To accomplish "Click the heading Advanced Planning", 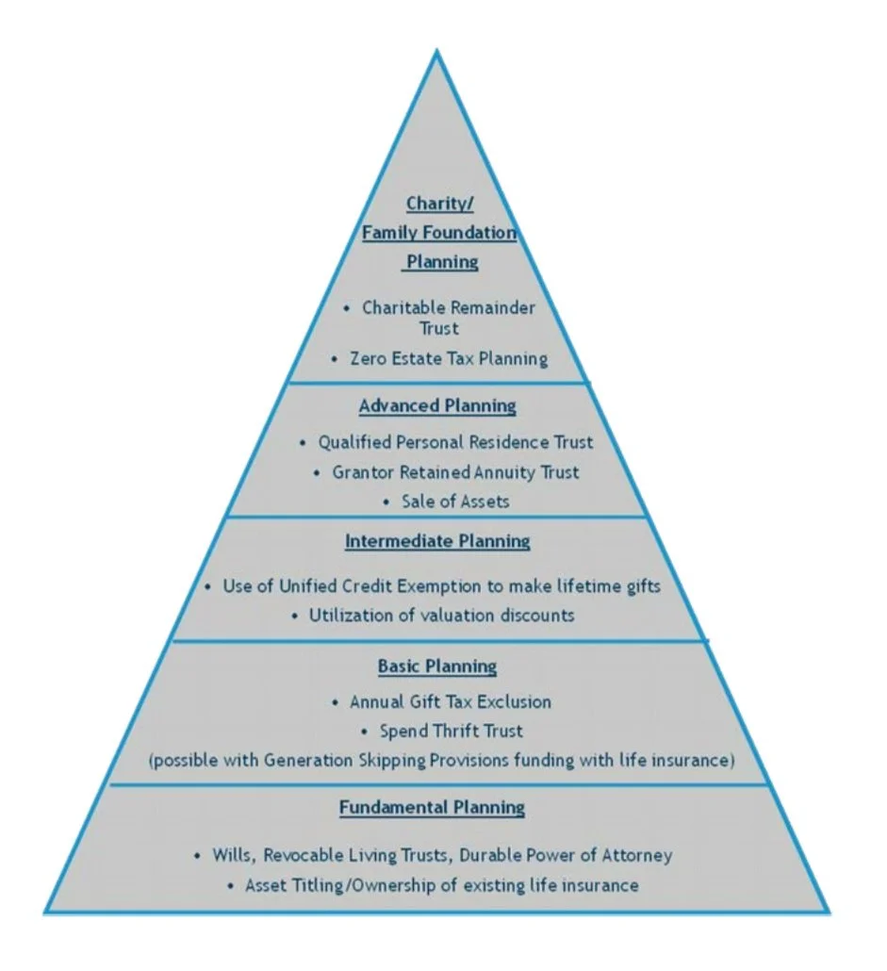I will (x=437, y=406).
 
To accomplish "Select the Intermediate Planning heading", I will (x=437, y=542).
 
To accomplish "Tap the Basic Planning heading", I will (x=437, y=667).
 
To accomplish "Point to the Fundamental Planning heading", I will (x=433, y=808).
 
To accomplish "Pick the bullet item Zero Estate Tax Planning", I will (x=449, y=359).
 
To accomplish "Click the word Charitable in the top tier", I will (x=402, y=308).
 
